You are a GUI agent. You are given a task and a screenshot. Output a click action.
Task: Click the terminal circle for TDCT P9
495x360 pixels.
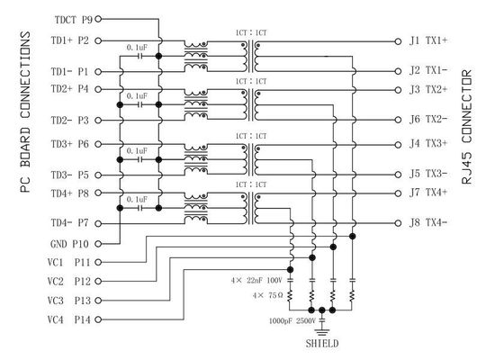point(98,19)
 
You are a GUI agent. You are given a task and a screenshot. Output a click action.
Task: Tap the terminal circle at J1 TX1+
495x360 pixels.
point(398,41)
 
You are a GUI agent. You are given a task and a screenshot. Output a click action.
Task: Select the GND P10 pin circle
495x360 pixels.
point(98,244)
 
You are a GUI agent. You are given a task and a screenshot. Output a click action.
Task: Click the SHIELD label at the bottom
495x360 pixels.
point(322,344)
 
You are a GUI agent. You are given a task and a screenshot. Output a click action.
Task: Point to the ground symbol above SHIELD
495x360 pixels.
point(322,332)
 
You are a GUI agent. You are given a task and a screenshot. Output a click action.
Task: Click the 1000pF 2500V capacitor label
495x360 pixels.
point(292,321)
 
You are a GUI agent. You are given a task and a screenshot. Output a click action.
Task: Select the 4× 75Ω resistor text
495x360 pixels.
point(267,295)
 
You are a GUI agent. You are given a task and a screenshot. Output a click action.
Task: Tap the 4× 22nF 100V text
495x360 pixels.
point(256,281)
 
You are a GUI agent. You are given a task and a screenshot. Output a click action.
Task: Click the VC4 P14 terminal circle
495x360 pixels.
point(98,319)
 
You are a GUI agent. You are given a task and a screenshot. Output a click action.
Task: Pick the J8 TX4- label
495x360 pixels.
point(428,222)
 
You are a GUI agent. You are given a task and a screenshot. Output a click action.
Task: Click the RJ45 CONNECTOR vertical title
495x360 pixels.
point(467,127)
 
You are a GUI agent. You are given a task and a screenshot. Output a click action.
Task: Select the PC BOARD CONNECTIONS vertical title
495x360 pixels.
point(25,112)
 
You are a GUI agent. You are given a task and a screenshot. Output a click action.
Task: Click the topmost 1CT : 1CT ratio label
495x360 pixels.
point(251,32)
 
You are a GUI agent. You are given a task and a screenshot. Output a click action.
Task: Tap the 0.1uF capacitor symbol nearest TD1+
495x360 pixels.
point(139,56)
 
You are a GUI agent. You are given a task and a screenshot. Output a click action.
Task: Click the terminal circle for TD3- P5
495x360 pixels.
point(98,175)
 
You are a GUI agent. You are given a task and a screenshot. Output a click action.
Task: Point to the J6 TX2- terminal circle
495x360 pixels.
point(398,120)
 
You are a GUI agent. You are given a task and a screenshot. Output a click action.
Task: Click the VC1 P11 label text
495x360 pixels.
point(68,262)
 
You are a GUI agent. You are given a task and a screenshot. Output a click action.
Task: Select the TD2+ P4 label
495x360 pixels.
point(70,89)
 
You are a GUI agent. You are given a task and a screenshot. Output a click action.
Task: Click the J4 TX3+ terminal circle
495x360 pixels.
point(398,145)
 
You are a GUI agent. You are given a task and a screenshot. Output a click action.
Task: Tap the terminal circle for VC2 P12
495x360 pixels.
point(98,281)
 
